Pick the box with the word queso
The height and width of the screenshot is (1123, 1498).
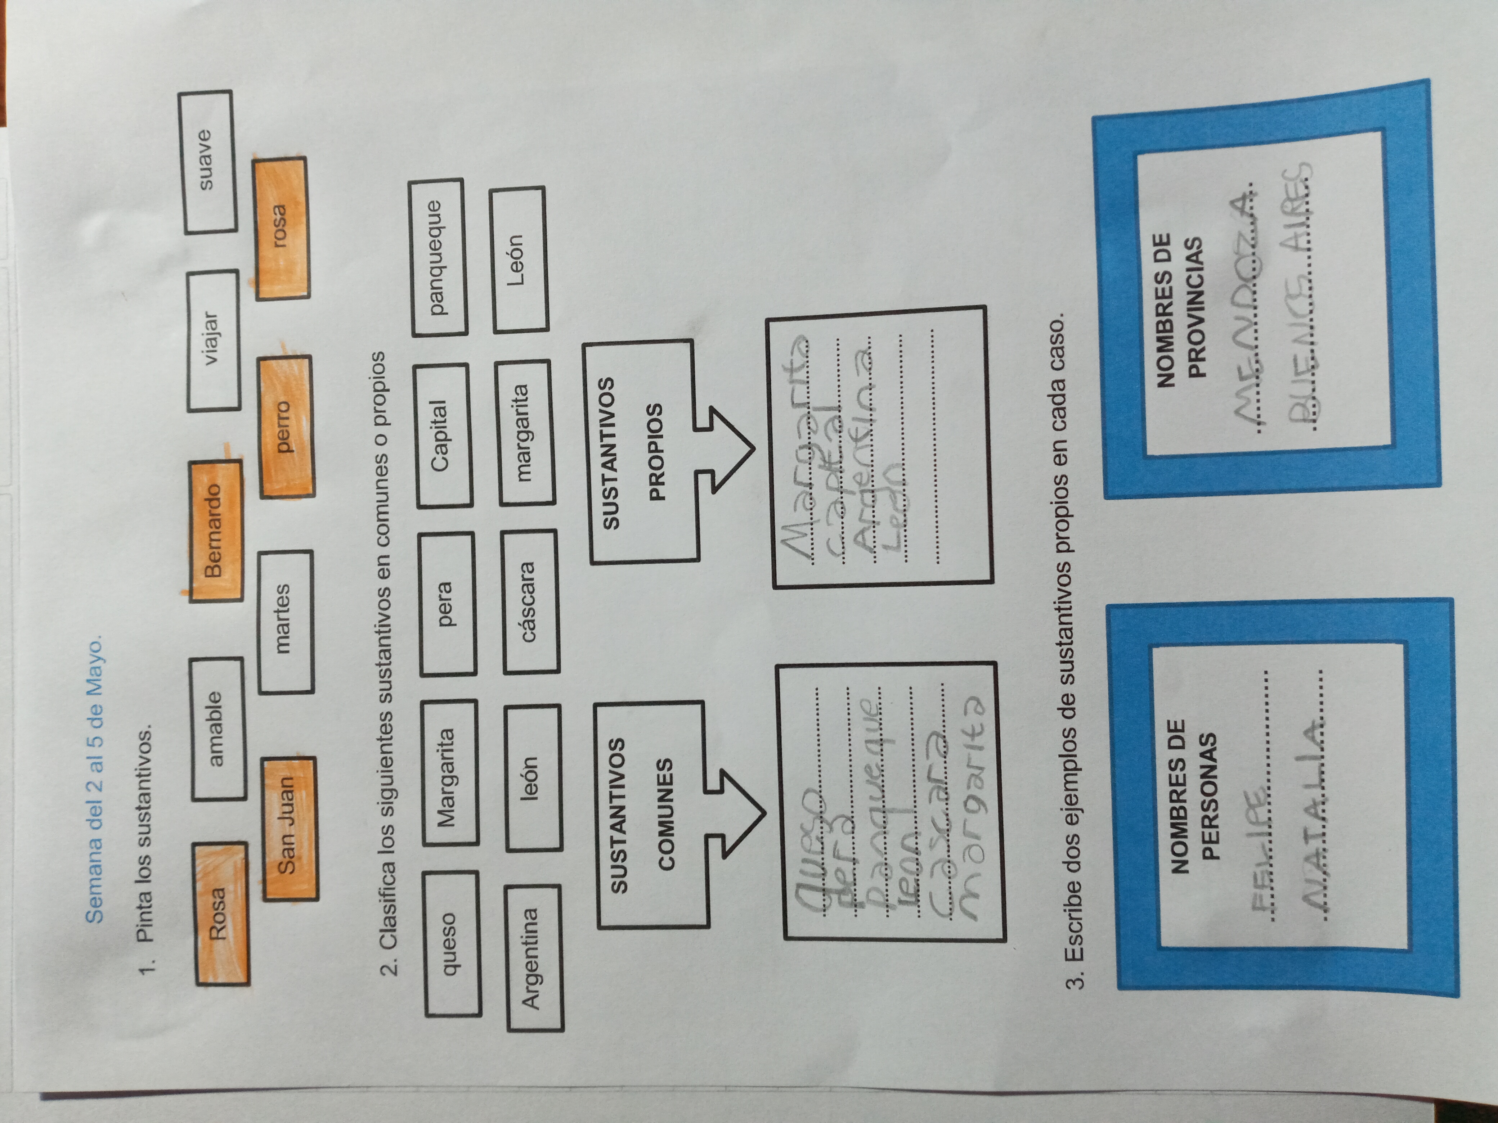pos(452,944)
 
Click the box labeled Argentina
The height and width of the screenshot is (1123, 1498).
pos(534,957)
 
